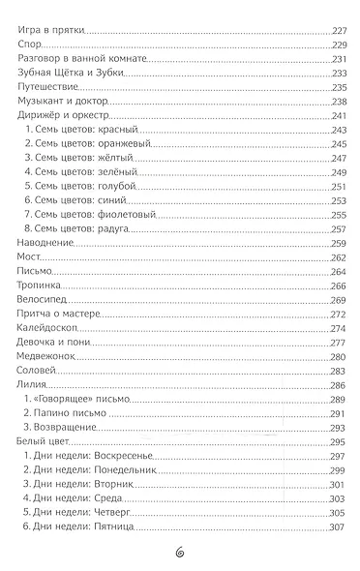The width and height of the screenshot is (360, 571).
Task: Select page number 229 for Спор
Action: [333, 45]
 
